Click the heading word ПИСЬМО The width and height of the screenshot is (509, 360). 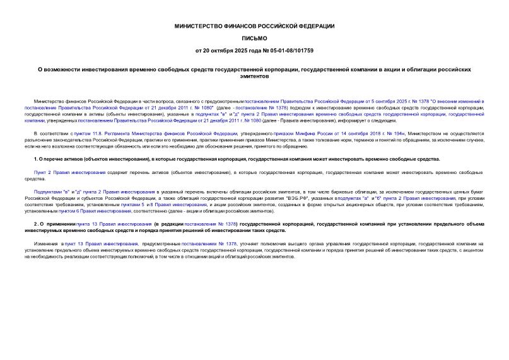point(254,38)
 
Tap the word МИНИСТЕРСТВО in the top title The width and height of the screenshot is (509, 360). point(201,26)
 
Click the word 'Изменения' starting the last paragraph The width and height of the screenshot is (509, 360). point(45,243)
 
